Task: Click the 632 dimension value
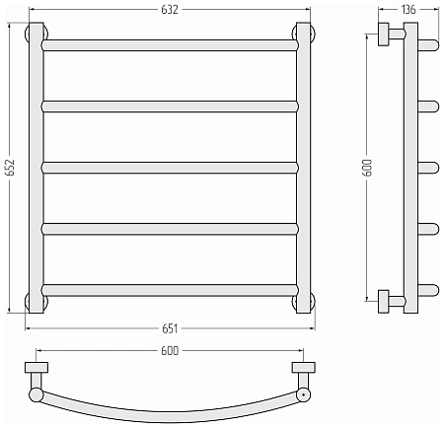coord(170,10)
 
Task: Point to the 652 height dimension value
coord(10,168)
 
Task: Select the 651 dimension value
coord(170,328)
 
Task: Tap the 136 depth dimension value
coord(408,10)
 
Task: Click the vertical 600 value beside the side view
coord(368,168)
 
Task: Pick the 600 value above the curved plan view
coord(170,351)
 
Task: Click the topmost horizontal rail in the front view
coord(170,45)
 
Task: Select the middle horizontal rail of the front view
coord(170,168)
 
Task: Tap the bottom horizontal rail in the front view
coord(170,290)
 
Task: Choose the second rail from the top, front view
coord(170,107)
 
